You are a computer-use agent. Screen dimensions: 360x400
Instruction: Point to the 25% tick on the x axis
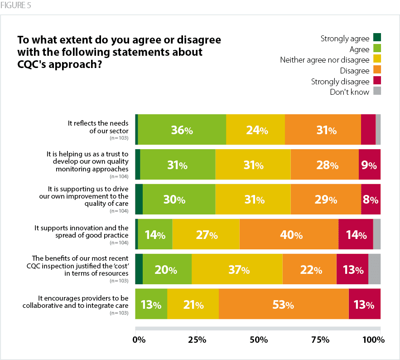click(x=197, y=340)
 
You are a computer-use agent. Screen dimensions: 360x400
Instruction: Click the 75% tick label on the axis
click(x=320, y=340)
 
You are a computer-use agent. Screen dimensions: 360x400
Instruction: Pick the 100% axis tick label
click(x=374, y=340)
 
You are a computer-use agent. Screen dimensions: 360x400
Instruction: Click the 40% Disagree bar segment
click(x=289, y=235)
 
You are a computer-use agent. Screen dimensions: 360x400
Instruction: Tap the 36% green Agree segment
click(x=182, y=130)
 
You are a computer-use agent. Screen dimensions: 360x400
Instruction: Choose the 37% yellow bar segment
click(x=237, y=270)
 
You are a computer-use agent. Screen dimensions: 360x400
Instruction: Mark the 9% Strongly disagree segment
click(x=369, y=165)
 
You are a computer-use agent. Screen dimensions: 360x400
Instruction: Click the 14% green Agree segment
click(x=155, y=235)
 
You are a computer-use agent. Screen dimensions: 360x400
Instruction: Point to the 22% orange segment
click(x=309, y=270)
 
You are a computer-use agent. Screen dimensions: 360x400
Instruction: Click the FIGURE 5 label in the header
click(x=15, y=6)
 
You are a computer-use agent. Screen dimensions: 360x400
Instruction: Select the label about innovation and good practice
click(x=82, y=231)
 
